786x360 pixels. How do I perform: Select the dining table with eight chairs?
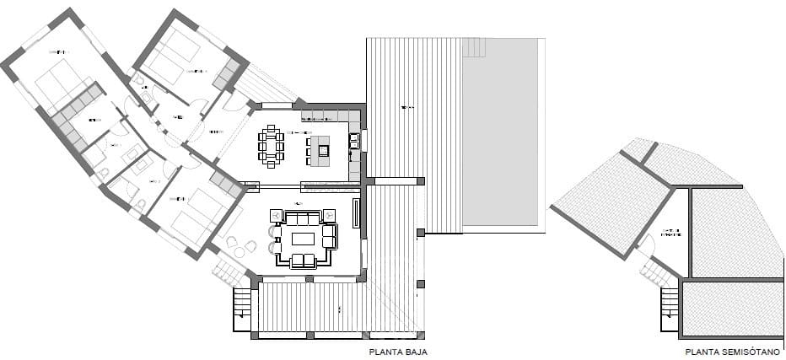click(x=272, y=144)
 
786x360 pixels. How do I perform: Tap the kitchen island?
click(x=321, y=150)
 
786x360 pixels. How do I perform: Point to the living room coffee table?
click(x=303, y=239)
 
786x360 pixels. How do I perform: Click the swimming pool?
click(x=503, y=135)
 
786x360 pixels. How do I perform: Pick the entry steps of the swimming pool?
click(x=475, y=47)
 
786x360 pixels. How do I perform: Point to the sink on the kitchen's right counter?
click(x=354, y=140)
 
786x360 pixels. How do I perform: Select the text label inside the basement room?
click(x=672, y=232)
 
